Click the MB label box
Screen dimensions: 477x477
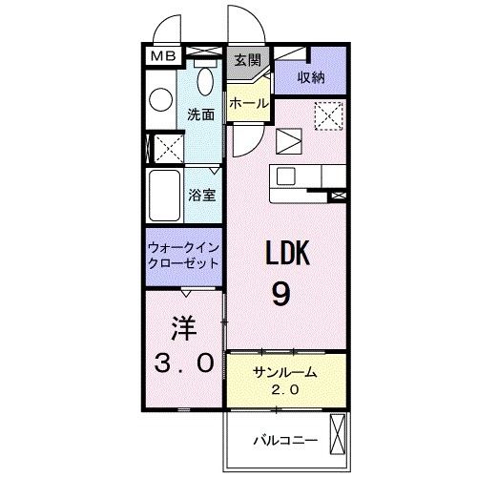click(160, 55)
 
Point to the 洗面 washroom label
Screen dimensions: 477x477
click(200, 114)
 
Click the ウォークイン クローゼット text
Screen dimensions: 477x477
click(184, 254)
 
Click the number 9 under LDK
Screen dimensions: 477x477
click(281, 294)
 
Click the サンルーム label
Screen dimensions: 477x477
click(283, 374)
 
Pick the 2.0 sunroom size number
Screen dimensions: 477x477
click(283, 390)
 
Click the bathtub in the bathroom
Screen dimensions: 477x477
click(163, 196)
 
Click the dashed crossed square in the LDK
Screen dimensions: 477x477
click(330, 118)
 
